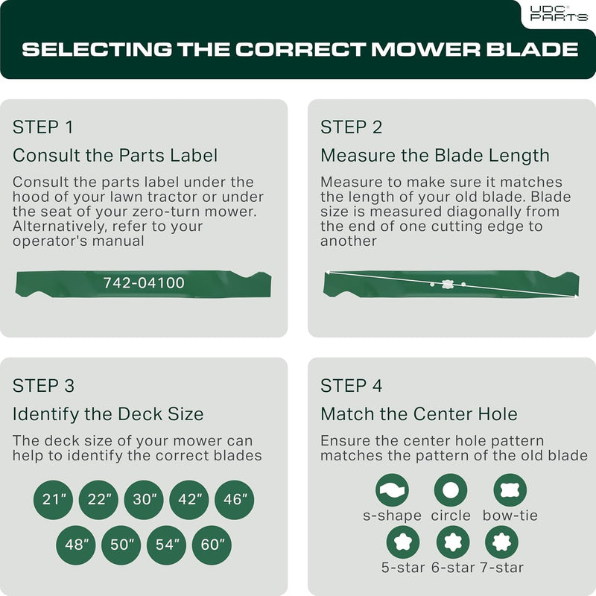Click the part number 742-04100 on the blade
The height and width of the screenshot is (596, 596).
pos(144,283)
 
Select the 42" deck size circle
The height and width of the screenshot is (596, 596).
pos(189,500)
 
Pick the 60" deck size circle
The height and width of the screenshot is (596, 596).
pos(212,545)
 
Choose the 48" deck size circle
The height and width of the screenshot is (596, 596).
pos(76,545)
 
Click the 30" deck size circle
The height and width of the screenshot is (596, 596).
pos(144,500)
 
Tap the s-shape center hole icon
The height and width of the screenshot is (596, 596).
pos(393,490)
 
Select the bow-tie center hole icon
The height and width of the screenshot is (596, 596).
pos(510,490)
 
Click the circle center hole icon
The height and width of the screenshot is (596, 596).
pos(451,490)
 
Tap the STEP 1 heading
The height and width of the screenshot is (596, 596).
pos(42,127)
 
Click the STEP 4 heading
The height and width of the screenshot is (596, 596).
pos(352,386)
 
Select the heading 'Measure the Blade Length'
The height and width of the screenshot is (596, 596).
pos(435,156)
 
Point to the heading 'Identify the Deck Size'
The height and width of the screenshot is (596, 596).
pos(108,414)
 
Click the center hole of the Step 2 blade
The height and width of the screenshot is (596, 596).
pos(447,284)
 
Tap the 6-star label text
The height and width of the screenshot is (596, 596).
pos(453,568)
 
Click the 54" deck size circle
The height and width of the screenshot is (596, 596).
pos(166,545)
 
